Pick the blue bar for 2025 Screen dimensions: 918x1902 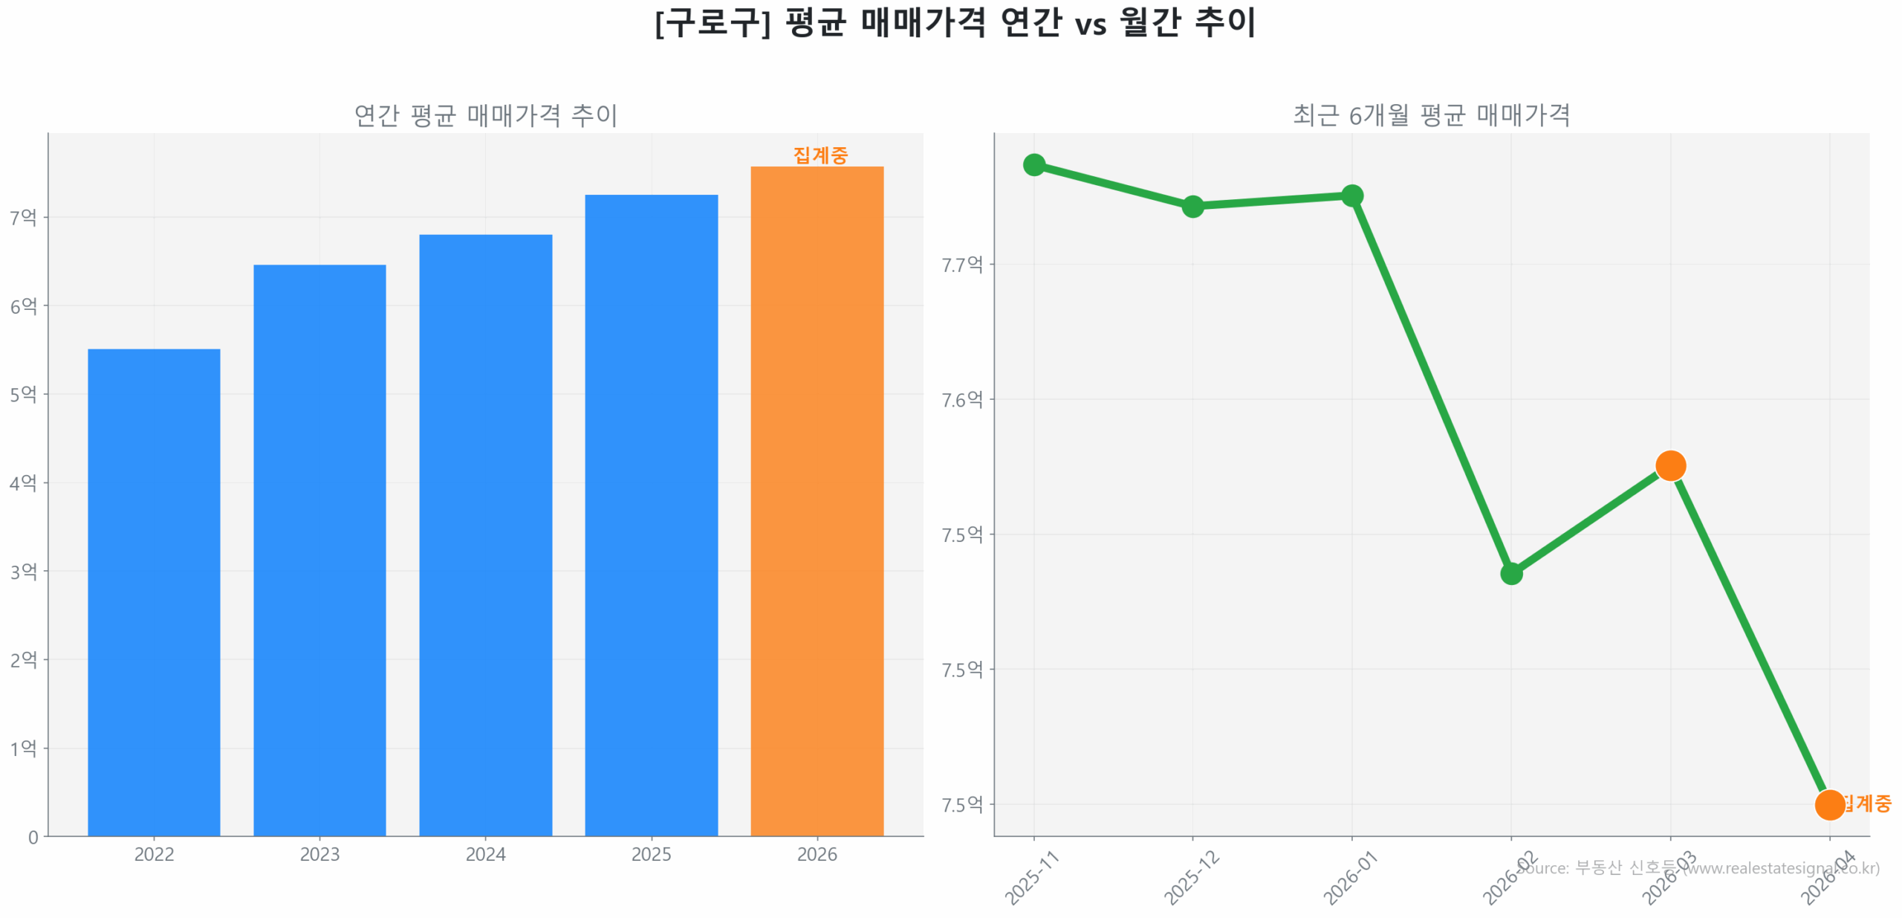[x=651, y=514]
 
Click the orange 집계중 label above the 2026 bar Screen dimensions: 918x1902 [x=819, y=155]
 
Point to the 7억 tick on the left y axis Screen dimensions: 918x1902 [x=23, y=217]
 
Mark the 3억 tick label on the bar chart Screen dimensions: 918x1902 [x=23, y=571]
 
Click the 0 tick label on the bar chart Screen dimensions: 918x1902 [x=33, y=837]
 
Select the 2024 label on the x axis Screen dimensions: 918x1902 [x=485, y=854]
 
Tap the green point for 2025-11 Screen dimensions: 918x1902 [x=1033, y=164]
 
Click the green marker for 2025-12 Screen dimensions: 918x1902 [x=1192, y=206]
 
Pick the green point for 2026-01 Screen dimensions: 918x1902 [x=1351, y=195]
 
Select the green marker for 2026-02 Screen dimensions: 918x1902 [x=1511, y=573]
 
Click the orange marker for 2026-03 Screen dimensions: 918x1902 [x=1670, y=466]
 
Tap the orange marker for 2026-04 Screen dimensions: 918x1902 [x=1829, y=804]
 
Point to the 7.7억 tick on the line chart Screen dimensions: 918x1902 [x=961, y=264]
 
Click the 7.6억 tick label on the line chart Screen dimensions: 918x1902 [x=961, y=399]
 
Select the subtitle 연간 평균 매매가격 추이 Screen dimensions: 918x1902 [x=485, y=115]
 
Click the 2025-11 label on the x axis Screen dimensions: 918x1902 [x=1031, y=878]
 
